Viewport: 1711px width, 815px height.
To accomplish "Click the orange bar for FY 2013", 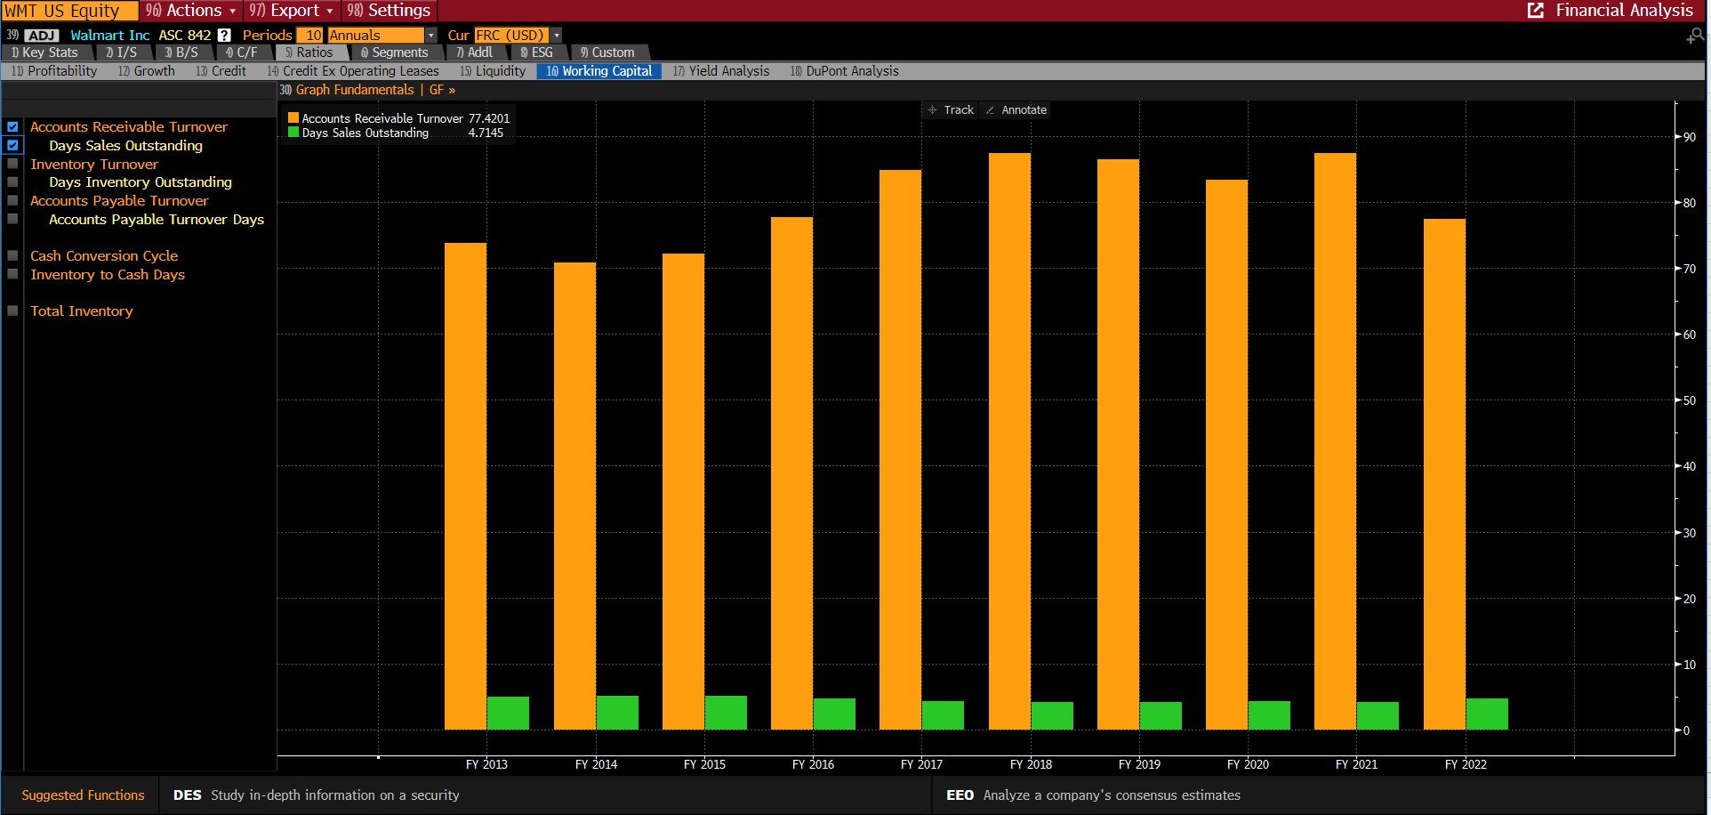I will (x=465, y=486).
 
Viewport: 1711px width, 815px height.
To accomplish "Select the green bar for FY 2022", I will (x=1487, y=714).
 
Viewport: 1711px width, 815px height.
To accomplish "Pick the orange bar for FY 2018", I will (x=1009, y=441).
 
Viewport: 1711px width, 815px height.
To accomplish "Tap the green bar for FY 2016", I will (x=834, y=714).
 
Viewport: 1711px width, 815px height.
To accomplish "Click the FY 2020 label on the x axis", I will (x=1248, y=764).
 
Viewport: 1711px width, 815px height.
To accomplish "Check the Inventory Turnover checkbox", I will (x=12, y=164).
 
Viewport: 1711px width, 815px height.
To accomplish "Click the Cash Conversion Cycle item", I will (x=104, y=256).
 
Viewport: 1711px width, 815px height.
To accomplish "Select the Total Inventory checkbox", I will (x=12, y=311).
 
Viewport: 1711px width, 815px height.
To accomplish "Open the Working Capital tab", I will (x=599, y=71).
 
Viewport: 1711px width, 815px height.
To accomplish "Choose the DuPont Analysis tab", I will (x=844, y=71).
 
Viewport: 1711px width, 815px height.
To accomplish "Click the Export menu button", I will (x=292, y=11).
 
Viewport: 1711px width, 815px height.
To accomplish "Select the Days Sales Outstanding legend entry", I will (x=365, y=133).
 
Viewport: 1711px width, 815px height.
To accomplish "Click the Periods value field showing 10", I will (x=310, y=35).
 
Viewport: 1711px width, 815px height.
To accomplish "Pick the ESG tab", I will (x=537, y=52).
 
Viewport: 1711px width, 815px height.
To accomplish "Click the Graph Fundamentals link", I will (x=354, y=90).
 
